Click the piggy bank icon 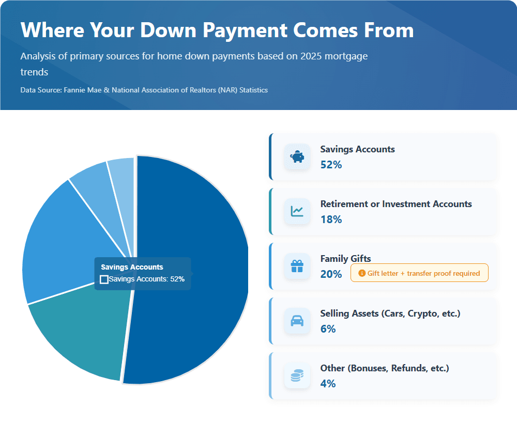[297, 157]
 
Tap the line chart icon [297, 211]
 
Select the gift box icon [297, 266]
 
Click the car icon [297, 321]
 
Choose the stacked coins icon [297, 375]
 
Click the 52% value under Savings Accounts [331, 165]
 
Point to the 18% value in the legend [331, 219]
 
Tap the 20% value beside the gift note [331, 274]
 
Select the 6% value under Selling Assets [328, 329]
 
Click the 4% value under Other [328, 384]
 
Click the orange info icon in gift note [362, 273]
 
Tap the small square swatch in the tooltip [104, 279]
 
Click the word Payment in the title [245, 30]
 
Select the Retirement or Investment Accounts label [396, 204]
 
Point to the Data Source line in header [144, 90]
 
